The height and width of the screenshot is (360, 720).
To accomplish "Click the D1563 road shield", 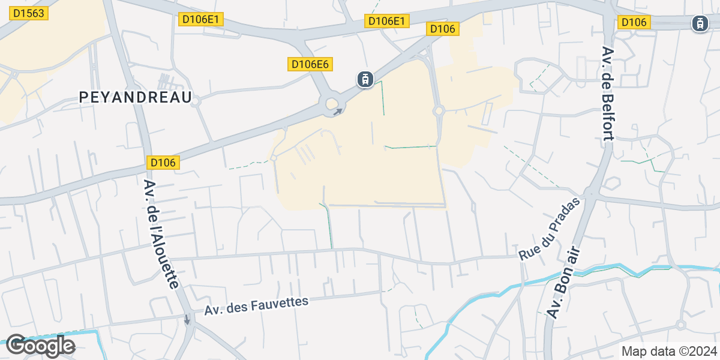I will (28, 13).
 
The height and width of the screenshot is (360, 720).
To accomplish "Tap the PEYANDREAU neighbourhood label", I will (136, 97).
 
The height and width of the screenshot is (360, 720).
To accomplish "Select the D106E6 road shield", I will (310, 64).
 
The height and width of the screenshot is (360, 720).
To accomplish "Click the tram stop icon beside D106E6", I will (365, 79).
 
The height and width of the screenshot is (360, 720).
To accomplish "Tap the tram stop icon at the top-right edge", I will (700, 23).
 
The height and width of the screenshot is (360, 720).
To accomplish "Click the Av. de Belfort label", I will (607, 94).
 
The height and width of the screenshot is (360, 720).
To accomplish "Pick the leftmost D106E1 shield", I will (202, 19).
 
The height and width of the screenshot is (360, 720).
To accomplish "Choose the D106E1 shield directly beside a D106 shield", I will (388, 21).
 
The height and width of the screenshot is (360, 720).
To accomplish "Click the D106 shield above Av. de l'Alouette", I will (163, 163).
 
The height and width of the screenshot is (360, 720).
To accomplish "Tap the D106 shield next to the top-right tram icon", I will (634, 22).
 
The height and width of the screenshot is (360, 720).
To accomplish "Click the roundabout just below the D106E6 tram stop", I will (332, 105).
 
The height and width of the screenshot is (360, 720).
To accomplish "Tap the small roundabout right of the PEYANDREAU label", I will (196, 102).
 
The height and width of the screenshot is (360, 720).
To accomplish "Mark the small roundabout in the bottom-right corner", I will (680, 325).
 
